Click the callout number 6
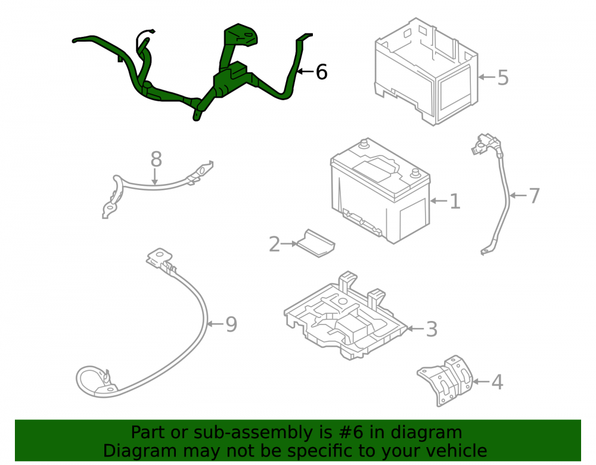click(x=322, y=71)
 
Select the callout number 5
click(x=503, y=77)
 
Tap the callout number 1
click(x=455, y=201)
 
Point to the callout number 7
click(x=534, y=195)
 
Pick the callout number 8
click(x=156, y=160)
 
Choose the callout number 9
click(x=231, y=324)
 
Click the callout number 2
click(x=274, y=244)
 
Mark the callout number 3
click(x=432, y=329)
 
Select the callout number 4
click(x=497, y=382)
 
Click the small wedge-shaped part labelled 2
click(x=315, y=244)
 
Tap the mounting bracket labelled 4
click(x=445, y=380)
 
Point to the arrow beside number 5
click(x=486, y=77)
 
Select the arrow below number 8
click(x=155, y=177)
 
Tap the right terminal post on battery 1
click(x=415, y=173)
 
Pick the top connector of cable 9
click(x=160, y=258)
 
